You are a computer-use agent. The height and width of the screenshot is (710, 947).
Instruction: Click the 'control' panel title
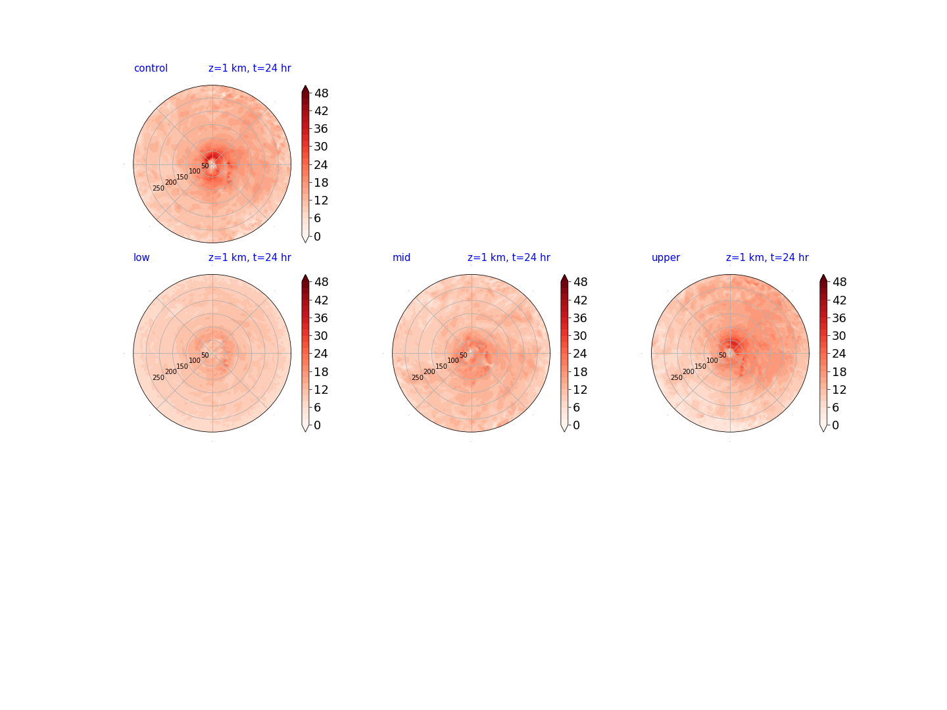pos(151,68)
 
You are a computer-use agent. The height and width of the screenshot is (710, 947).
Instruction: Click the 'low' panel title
pos(141,257)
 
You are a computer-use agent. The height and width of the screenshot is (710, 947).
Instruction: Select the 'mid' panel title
pos(401,257)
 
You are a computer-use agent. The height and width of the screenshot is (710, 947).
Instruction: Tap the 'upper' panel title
pos(666,258)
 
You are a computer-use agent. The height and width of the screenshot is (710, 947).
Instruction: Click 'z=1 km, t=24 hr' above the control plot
pos(249,68)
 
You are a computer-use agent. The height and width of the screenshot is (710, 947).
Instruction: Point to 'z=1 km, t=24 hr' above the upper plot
pos(767,257)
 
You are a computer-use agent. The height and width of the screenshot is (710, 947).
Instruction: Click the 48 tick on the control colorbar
pos(322,93)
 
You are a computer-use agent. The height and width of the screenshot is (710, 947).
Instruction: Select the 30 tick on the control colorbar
pos(320,147)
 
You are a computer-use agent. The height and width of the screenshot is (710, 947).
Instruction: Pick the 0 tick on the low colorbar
pos(317,425)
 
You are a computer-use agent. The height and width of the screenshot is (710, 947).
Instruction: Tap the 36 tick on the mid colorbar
pos(580,318)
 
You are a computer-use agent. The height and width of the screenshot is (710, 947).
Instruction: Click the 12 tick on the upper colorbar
pos(838,390)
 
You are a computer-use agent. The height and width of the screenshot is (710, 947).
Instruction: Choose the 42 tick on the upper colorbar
pos(838,300)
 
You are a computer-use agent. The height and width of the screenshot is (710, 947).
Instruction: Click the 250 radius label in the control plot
pos(158,189)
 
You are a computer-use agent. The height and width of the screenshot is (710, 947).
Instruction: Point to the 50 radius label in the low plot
pos(205,355)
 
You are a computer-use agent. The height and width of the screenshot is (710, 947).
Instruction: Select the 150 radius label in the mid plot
pos(441,366)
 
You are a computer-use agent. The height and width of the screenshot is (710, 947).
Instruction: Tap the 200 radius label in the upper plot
pos(688,371)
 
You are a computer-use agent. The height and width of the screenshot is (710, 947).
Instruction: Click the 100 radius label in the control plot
pos(195,171)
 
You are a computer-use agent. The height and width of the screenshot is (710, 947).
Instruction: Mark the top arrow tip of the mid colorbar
pos(564,275)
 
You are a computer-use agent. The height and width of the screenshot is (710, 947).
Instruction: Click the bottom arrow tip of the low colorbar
pos(305,431)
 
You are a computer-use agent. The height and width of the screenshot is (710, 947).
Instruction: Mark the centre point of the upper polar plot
pos(730,354)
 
